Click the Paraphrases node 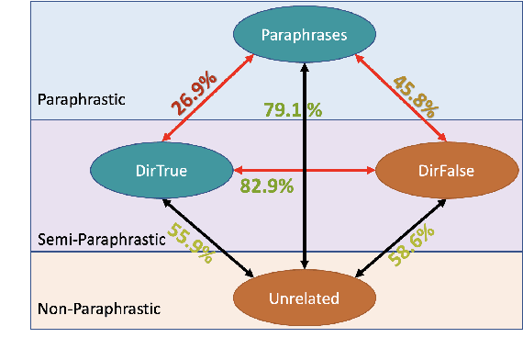(303, 35)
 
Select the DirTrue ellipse (161, 170)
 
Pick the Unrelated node (303, 298)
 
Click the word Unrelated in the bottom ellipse (303, 298)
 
